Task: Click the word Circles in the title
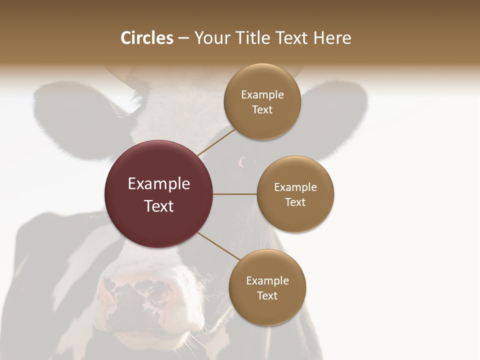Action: [146, 38]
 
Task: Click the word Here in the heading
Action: [332, 38]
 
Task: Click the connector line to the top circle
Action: [216, 142]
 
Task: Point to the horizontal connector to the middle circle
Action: [234, 194]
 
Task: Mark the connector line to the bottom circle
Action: [218, 246]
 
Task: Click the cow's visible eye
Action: [245, 162]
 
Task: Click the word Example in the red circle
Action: [159, 184]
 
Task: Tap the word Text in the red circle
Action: [159, 206]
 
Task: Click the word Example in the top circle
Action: [262, 95]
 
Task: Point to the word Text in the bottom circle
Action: [267, 296]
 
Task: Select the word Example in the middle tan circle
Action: [295, 187]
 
